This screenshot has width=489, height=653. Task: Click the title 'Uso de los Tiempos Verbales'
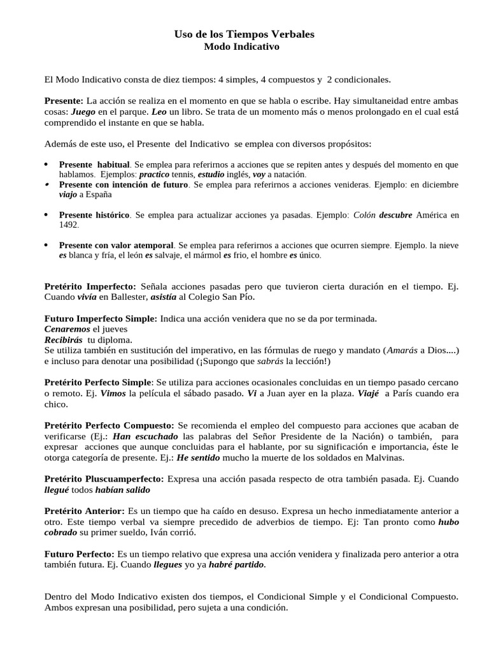(x=244, y=34)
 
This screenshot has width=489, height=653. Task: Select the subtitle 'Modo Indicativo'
(x=244, y=47)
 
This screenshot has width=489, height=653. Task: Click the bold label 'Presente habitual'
(x=94, y=165)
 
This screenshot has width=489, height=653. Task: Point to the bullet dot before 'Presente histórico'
(x=46, y=214)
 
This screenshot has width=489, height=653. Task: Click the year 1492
(x=69, y=225)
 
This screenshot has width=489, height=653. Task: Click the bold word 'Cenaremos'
(x=67, y=329)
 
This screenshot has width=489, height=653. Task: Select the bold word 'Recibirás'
(x=64, y=340)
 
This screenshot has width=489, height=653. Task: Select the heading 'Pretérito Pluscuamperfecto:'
(x=104, y=479)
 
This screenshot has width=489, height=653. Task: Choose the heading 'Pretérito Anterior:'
(x=85, y=511)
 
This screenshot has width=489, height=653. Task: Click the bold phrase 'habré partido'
(x=237, y=565)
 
